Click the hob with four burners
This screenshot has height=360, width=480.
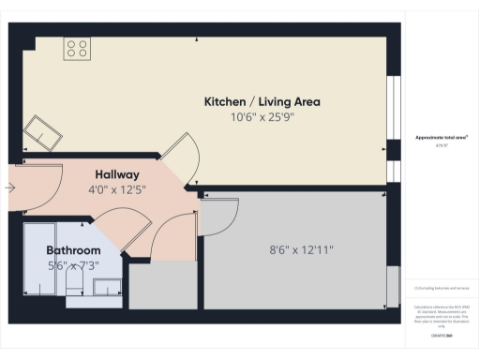pyautogui.click(x=76, y=49)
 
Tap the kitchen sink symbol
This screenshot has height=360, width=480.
pyautogui.click(x=42, y=133)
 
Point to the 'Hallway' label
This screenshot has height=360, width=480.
pyautogui.click(x=117, y=174)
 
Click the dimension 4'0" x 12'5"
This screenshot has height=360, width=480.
pyautogui.click(x=117, y=190)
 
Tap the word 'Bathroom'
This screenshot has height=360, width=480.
pyautogui.click(x=73, y=250)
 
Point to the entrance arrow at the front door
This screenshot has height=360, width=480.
pyautogui.click(x=10, y=187)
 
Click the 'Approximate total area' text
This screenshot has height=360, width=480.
pyautogui.click(x=442, y=137)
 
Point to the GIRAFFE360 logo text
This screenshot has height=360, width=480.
pyautogui.click(x=442, y=335)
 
